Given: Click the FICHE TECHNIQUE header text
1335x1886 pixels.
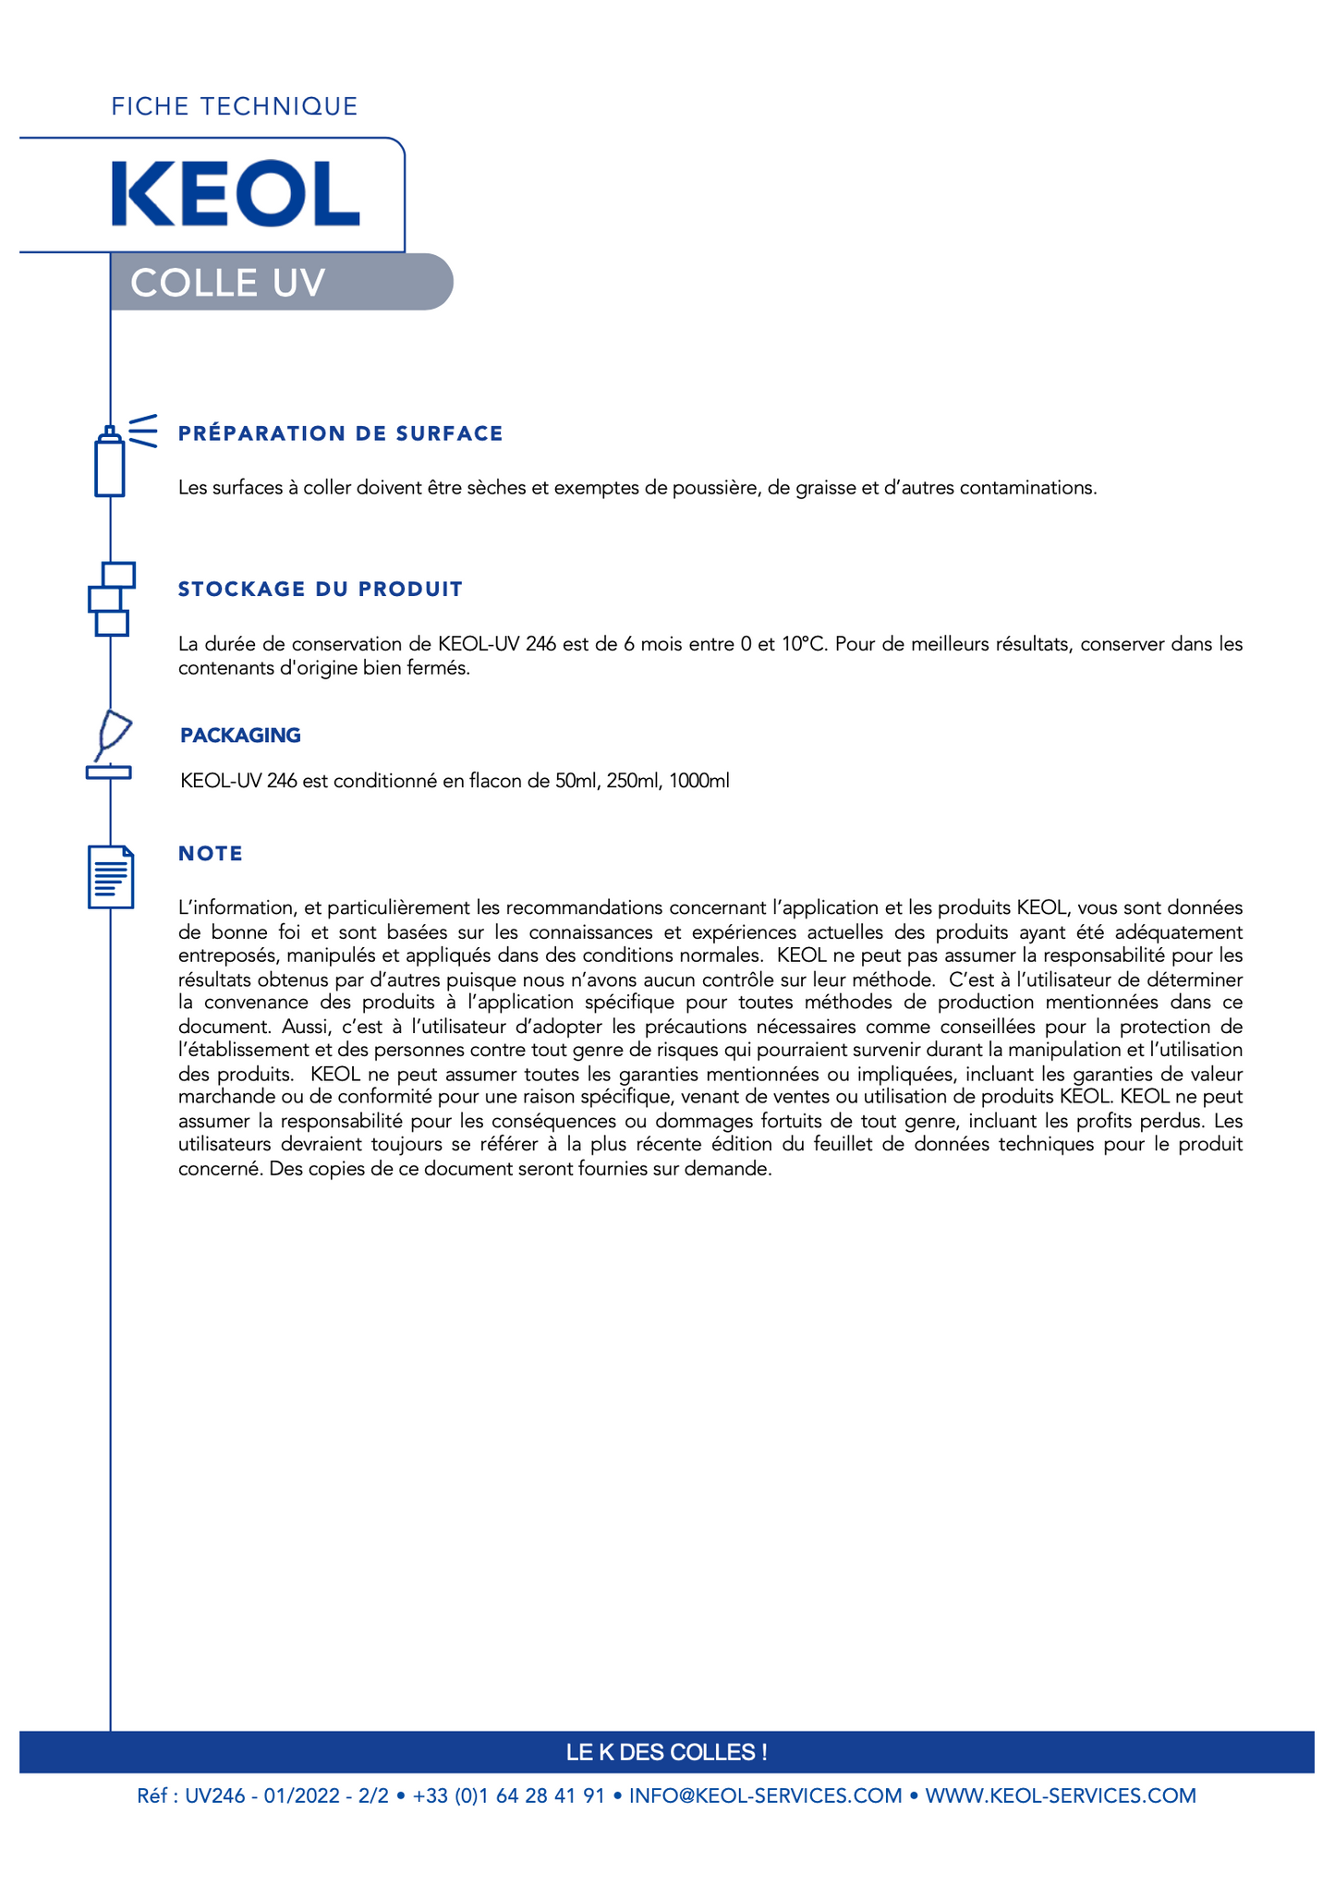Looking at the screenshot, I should coord(235,107).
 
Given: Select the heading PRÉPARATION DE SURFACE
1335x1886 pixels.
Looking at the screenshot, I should coord(340,433).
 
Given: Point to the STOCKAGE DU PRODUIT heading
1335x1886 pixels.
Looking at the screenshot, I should coord(320,590).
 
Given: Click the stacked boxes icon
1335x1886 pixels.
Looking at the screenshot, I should coord(112,599).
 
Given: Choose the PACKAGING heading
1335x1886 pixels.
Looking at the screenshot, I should coord(240,736).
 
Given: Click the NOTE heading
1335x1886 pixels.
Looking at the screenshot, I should coord(211,854).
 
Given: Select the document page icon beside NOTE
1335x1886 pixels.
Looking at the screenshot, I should coord(111,876).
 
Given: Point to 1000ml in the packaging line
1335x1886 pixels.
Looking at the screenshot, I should coord(699,782).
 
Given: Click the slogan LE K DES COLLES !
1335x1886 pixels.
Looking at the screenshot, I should coord(666,1752).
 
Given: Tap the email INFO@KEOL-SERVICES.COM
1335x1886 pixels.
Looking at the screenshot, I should coord(765,1795).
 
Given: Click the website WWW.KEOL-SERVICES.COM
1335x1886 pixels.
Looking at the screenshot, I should coord(1060,1795).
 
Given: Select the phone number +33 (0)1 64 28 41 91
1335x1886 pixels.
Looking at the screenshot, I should coord(508,1795).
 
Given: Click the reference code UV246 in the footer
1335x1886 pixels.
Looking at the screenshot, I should coord(215,1795).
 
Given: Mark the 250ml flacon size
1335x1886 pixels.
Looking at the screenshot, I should coord(634,782).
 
